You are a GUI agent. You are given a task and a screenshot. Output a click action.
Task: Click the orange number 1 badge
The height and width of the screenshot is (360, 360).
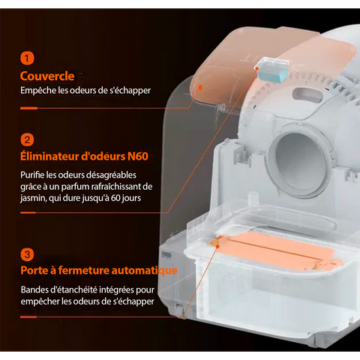tap(27, 58)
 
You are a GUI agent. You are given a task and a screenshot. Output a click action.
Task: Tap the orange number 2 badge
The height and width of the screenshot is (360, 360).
tap(27, 139)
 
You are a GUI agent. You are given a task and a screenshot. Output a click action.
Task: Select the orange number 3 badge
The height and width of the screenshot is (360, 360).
tap(27, 254)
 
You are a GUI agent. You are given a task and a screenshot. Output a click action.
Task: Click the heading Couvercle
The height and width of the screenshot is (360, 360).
tap(47, 76)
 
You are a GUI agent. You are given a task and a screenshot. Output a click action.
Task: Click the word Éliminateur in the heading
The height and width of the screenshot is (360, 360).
tap(49, 156)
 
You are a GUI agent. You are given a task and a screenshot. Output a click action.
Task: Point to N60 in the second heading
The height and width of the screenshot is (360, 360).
tap(138, 157)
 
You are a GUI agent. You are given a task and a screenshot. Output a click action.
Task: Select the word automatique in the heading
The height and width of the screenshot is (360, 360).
tap(144, 271)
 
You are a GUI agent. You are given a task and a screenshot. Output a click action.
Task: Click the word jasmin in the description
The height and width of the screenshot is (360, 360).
tap(33, 198)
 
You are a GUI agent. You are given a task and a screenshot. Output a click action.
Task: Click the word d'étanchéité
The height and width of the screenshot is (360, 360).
tap(73, 290)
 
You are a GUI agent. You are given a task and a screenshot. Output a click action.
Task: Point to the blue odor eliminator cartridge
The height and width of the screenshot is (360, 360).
tap(271, 70)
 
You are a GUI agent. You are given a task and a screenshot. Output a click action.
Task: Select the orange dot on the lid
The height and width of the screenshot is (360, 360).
tap(199, 87)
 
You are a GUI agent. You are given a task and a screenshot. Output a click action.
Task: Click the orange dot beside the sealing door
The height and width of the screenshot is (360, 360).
tap(217, 246)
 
